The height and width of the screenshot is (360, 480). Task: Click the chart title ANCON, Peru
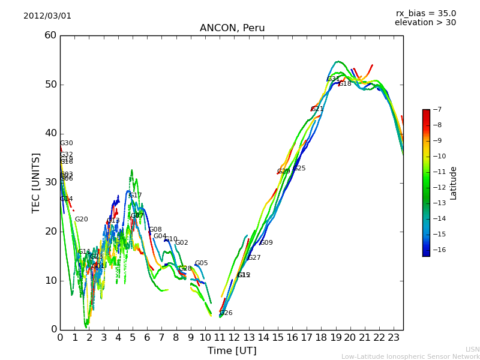point(232,28)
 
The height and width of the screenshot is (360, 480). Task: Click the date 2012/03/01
point(47,16)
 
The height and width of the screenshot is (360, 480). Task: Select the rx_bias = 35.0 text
point(425,14)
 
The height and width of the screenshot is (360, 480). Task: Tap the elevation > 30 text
point(425,23)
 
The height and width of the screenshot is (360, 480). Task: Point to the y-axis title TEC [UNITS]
point(36,182)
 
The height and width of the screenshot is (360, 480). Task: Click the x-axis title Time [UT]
point(232,350)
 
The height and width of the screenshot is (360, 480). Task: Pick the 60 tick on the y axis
point(50,35)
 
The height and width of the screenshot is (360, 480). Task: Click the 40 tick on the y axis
point(50,133)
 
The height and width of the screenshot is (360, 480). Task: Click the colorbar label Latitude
point(454,183)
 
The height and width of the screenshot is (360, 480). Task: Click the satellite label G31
point(333,79)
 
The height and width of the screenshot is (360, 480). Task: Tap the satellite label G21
point(317,109)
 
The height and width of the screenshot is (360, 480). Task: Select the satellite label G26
point(226,313)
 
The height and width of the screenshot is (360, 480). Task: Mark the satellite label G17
point(136,196)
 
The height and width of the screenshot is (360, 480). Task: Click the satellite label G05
point(202,263)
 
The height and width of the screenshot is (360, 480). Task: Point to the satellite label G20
point(81,220)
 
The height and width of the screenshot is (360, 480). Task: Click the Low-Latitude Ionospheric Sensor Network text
point(410,356)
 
